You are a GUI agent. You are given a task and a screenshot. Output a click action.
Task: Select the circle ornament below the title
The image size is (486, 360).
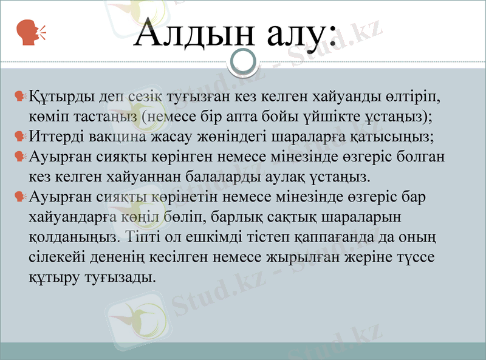[x=243, y=61]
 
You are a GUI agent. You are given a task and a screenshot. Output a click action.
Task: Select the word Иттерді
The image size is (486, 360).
[x=57, y=136]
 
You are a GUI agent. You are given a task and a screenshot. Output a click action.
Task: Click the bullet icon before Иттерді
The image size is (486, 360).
[x=19, y=136]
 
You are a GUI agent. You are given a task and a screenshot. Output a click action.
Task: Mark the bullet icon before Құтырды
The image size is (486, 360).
[x=19, y=97]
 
